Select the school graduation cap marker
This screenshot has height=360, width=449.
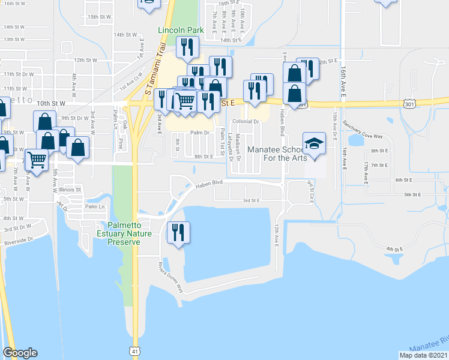(x=313, y=144)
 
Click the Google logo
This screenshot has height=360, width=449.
(x=20, y=353)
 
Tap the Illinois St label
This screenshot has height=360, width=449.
(x=70, y=190)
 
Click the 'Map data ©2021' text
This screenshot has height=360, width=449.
(x=423, y=355)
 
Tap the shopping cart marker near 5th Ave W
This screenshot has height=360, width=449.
(x=37, y=160)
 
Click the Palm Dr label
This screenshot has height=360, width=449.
(x=199, y=133)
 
